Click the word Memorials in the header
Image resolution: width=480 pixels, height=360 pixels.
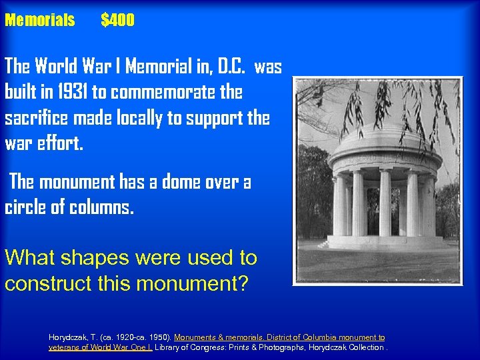point(40,21)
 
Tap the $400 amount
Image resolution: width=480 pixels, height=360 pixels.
point(118,21)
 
